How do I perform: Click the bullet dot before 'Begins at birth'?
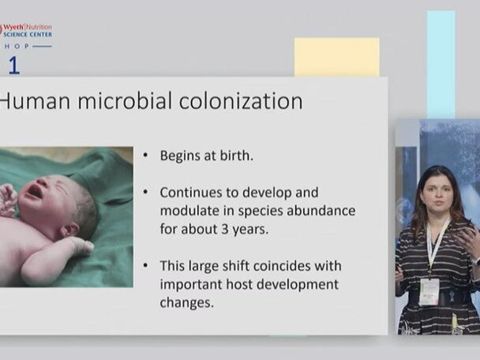pyautogui.click(x=147, y=156)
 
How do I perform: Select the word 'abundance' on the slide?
pyautogui.click(x=321, y=211)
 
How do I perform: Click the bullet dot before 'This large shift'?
pyautogui.click(x=147, y=266)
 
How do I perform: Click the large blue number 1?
pyautogui.click(x=13, y=65)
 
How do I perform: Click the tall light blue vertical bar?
pyautogui.click(x=441, y=63)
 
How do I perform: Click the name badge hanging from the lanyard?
pyautogui.click(x=428, y=291)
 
